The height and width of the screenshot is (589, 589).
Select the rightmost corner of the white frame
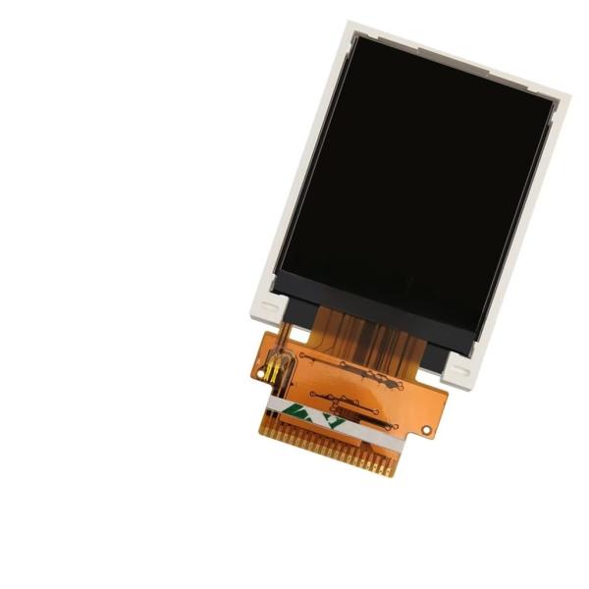pos(567,98)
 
